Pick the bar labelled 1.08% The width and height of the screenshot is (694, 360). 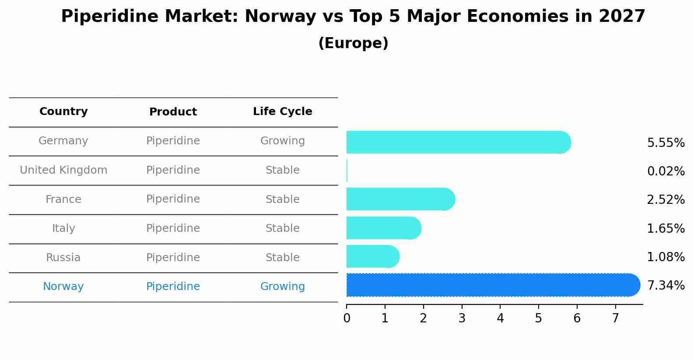coord(372,257)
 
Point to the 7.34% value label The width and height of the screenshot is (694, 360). coord(666,286)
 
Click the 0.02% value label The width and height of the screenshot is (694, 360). coord(666,171)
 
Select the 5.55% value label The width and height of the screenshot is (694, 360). coord(666,143)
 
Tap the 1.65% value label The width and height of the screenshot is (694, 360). coord(666,228)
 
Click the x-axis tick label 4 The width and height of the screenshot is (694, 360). coord(500,318)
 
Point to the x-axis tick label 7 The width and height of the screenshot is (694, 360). coord(615,318)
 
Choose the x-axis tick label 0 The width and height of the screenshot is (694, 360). coord(347,318)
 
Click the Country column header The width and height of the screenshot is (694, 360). coord(63,112)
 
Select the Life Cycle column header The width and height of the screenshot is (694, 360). coord(282,112)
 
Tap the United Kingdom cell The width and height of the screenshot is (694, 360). coord(63,170)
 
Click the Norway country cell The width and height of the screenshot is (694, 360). coord(63,287)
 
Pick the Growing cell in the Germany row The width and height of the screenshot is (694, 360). coord(282,141)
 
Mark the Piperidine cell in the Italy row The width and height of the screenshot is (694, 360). coord(173,228)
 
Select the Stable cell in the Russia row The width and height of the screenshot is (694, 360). coord(282,258)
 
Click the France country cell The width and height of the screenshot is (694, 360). coord(63,199)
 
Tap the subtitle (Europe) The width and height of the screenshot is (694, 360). coord(353,43)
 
